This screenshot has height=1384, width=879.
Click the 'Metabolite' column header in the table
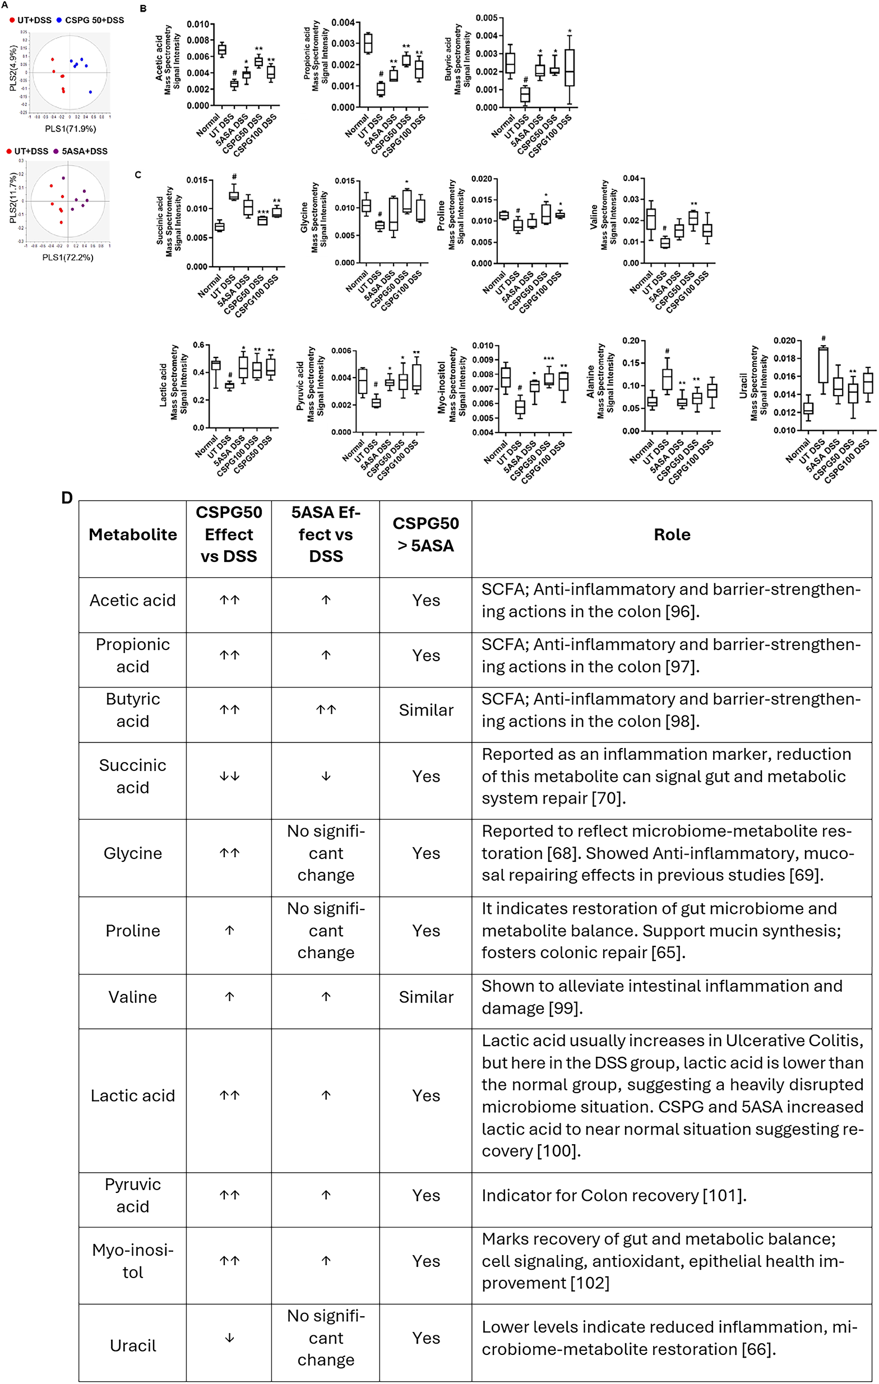pos(132,535)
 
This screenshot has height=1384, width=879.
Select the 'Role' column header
pos(672,535)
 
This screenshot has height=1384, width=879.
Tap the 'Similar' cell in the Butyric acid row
pos(425,710)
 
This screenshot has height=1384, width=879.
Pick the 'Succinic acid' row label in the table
pos(132,776)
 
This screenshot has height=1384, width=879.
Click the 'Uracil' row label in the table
pos(132,1345)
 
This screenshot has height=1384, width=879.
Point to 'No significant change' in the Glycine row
pos(325,853)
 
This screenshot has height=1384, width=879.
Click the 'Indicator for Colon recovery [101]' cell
pos(613,1196)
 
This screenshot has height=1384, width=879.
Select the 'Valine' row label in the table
pos(132,997)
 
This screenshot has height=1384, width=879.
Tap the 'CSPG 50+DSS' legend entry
pos(94,20)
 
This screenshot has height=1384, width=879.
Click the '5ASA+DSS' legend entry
pos(84,151)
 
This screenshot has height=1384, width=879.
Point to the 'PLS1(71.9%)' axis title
pos(70,129)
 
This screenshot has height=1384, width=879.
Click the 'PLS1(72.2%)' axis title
pos(68,258)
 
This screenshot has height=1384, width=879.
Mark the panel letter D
pos(67,498)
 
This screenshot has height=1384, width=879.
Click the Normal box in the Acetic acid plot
pos(222,49)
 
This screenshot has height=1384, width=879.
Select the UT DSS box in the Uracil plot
pos(824,365)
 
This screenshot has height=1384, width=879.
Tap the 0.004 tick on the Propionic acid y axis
pos(343,23)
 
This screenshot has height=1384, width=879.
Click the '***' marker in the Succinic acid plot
pos(263,213)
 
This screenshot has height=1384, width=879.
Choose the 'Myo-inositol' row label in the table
pos(132,1261)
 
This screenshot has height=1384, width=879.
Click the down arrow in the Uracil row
pos(229,1338)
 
